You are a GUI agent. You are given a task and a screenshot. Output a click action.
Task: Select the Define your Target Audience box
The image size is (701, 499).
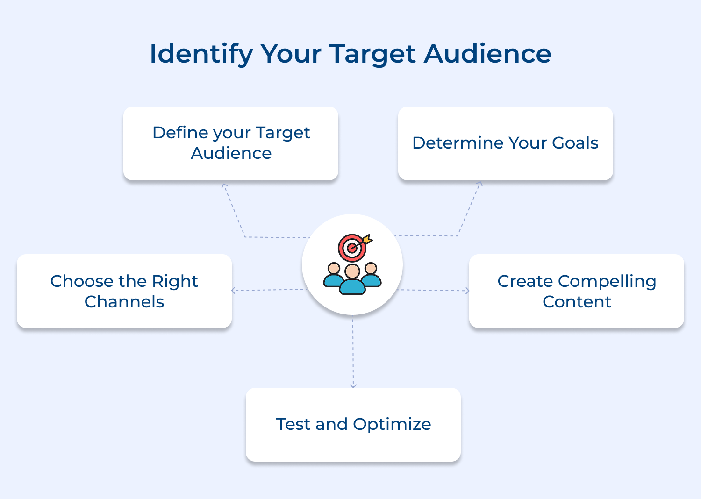(x=230, y=143)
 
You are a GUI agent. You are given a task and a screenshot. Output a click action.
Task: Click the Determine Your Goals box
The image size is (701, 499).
(x=505, y=143)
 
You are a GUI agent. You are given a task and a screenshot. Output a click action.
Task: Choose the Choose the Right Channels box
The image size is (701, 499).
(x=124, y=291)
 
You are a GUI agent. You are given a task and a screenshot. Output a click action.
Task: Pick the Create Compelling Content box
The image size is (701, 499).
(x=576, y=291)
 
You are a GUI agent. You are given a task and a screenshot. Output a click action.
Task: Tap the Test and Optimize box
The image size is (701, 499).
(x=353, y=424)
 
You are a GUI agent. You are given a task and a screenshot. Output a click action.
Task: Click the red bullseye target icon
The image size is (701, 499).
(x=351, y=248)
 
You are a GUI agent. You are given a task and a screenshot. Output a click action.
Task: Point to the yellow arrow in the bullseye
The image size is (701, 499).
(x=367, y=240)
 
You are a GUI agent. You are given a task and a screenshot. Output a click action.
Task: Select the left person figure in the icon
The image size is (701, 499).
(x=333, y=276)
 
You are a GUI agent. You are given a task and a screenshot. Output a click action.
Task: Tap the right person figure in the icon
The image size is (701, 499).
(x=372, y=276)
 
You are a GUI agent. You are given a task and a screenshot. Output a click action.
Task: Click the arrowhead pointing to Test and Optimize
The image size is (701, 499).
(x=353, y=385)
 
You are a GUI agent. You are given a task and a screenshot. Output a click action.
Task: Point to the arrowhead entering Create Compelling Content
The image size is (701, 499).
(x=467, y=291)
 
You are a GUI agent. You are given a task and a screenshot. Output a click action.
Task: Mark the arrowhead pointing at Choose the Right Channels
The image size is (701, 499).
(x=234, y=291)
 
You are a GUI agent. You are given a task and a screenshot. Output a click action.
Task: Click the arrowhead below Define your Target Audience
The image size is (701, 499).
(x=224, y=186)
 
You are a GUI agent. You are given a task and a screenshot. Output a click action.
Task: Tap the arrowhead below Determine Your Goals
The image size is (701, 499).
(x=479, y=184)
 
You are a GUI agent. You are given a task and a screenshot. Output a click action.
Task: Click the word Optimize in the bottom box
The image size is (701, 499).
(x=392, y=424)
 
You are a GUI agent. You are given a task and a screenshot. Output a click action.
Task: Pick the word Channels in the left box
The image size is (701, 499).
(x=124, y=302)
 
